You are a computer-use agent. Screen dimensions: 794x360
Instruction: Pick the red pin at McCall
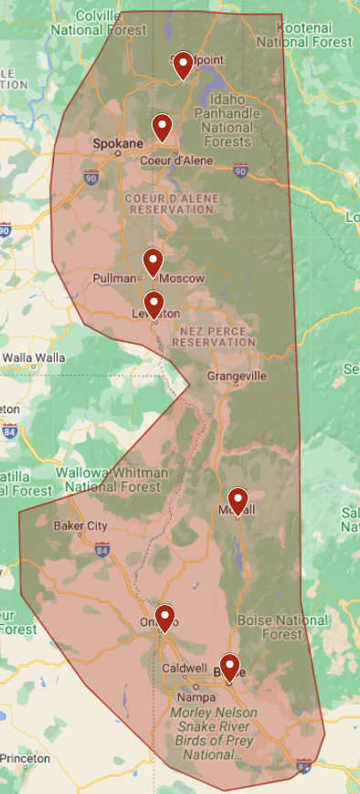[238, 500]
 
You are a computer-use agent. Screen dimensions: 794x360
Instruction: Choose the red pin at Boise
[229, 666]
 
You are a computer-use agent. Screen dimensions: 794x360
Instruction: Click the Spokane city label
[118, 144]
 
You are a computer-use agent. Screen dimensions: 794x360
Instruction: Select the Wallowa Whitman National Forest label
[111, 480]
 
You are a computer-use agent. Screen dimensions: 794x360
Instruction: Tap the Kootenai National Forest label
[303, 36]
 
